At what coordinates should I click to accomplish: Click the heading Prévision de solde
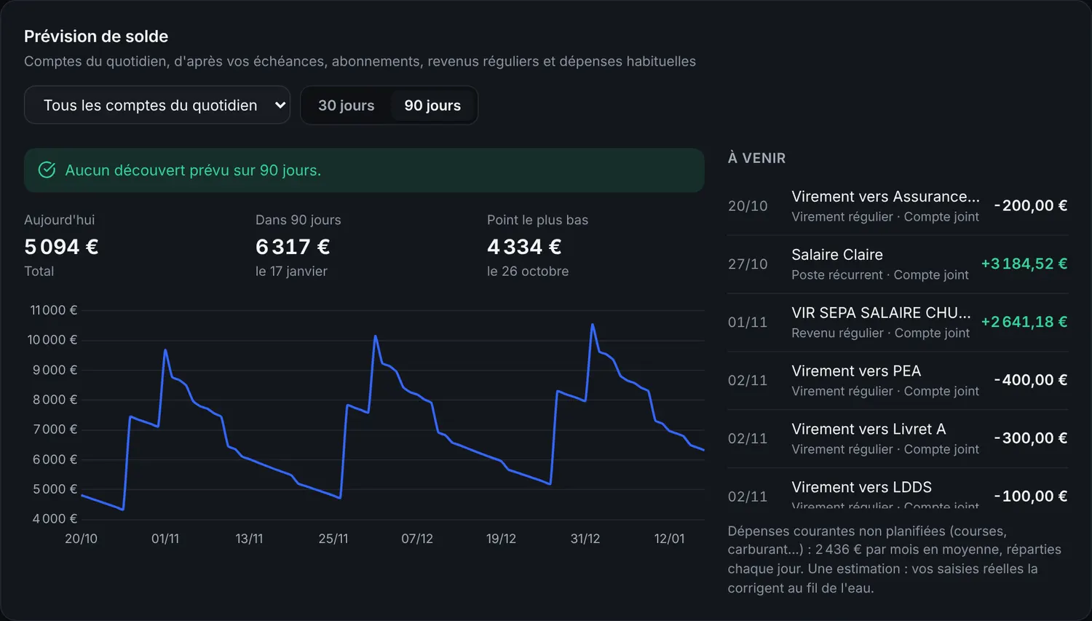click(x=96, y=36)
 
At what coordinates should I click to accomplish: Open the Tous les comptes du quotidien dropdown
click(x=157, y=105)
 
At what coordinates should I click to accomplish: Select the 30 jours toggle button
click(x=346, y=106)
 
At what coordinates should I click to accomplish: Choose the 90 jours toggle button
click(x=432, y=106)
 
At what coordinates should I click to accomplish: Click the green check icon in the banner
click(x=47, y=170)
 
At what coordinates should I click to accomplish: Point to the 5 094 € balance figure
click(x=61, y=247)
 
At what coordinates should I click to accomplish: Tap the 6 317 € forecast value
click(x=293, y=247)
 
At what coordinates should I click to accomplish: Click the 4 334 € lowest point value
click(x=524, y=247)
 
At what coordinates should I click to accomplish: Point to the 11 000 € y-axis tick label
click(x=54, y=310)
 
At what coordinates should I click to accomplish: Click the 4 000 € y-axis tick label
click(x=55, y=518)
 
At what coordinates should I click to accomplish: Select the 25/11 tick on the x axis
click(x=333, y=539)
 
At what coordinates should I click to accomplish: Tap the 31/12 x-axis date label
click(x=585, y=539)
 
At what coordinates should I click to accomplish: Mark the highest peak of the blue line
click(x=593, y=324)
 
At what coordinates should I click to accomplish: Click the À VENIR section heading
click(x=756, y=158)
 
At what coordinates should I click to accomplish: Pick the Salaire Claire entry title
click(x=837, y=255)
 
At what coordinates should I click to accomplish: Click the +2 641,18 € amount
click(x=1024, y=322)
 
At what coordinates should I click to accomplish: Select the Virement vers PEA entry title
click(x=856, y=371)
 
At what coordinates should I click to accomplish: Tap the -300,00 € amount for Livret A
click(x=1031, y=438)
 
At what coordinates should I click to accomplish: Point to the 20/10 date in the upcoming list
click(x=748, y=206)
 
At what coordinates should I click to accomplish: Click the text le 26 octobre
click(x=528, y=271)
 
